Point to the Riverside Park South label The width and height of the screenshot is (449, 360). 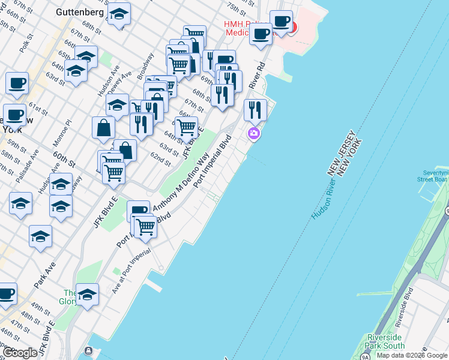(385, 342)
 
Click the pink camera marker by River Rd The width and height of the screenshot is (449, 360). (254, 133)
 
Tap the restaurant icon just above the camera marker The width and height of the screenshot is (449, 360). (256, 110)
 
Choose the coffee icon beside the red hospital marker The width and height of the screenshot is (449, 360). (281, 22)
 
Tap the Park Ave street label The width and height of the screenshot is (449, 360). (45, 272)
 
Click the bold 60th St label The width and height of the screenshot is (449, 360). (64, 160)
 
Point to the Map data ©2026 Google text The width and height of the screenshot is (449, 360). (412, 355)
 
